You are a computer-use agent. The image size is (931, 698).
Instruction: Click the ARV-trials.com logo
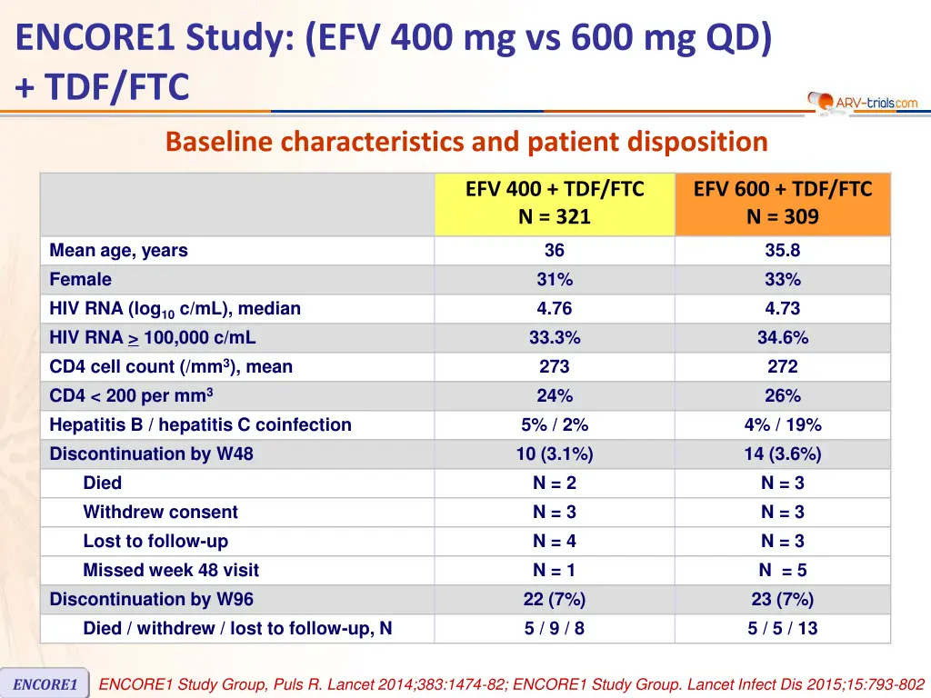[x=863, y=102]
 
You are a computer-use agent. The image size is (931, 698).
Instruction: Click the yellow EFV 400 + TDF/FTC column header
[x=555, y=203]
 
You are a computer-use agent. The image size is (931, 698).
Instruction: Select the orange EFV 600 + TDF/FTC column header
[x=783, y=203]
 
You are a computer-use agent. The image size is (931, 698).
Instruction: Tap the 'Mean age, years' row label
[x=118, y=251]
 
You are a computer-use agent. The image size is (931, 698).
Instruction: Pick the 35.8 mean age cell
[x=783, y=251]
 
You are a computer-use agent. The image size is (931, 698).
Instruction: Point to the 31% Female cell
[x=555, y=280]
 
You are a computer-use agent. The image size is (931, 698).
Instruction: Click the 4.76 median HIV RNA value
[x=555, y=309]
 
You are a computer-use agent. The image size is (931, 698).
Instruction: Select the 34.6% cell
[x=783, y=338]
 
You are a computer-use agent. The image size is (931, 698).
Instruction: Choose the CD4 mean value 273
[x=555, y=367]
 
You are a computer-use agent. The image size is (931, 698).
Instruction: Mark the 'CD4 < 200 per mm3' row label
[x=131, y=396]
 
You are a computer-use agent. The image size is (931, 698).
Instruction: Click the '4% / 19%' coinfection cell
[x=783, y=425]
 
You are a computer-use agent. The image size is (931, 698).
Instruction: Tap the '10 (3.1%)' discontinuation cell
[x=555, y=454]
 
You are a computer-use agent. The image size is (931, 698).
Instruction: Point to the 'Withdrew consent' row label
[x=160, y=513]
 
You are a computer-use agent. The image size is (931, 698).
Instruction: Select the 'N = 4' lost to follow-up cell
[x=555, y=542]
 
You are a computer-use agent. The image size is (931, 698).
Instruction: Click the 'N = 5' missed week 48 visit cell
[x=783, y=571]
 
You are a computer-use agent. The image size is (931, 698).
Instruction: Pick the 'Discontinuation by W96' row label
[x=151, y=600]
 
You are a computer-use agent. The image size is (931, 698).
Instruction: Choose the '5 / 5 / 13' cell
[x=783, y=629]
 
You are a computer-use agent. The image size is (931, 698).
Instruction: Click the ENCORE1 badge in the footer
[x=45, y=684]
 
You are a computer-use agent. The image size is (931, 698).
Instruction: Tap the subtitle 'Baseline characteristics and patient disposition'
[x=466, y=143]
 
